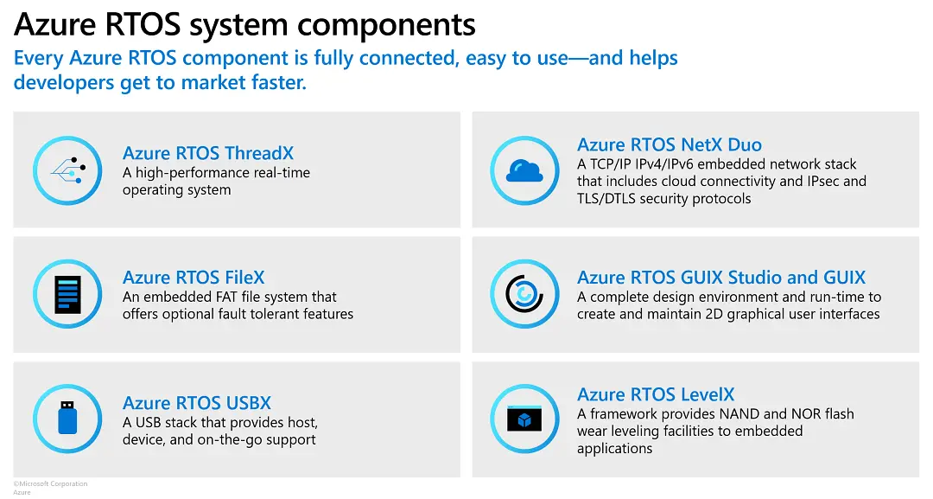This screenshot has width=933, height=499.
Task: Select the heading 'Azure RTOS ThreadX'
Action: (x=208, y=153)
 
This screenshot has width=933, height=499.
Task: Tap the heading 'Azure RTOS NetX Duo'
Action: (x=670, y=144)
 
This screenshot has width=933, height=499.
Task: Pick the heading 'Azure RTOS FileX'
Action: (x=194, y=278)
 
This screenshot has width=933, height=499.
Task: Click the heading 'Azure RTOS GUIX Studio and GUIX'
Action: (x=721, y=278)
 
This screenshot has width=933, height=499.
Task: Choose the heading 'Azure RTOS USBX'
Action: (x=197, y=403)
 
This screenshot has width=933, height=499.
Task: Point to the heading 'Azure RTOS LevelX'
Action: (x=656, y=394)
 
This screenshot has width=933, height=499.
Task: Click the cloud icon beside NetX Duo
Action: (x=524, y=171)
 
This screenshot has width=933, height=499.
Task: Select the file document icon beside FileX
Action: (x=67, y=294)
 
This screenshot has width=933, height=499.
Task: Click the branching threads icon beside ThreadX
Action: (x=67, y=171)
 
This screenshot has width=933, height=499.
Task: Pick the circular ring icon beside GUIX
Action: (x=524, y=294)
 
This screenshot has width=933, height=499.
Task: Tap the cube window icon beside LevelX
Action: (x=524, y=419)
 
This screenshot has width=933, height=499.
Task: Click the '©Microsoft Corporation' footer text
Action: (x=50, y=483)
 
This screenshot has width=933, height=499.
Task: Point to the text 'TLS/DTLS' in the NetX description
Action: (x=606, y=199)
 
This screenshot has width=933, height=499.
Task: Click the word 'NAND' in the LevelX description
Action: (x=734, y=414)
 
